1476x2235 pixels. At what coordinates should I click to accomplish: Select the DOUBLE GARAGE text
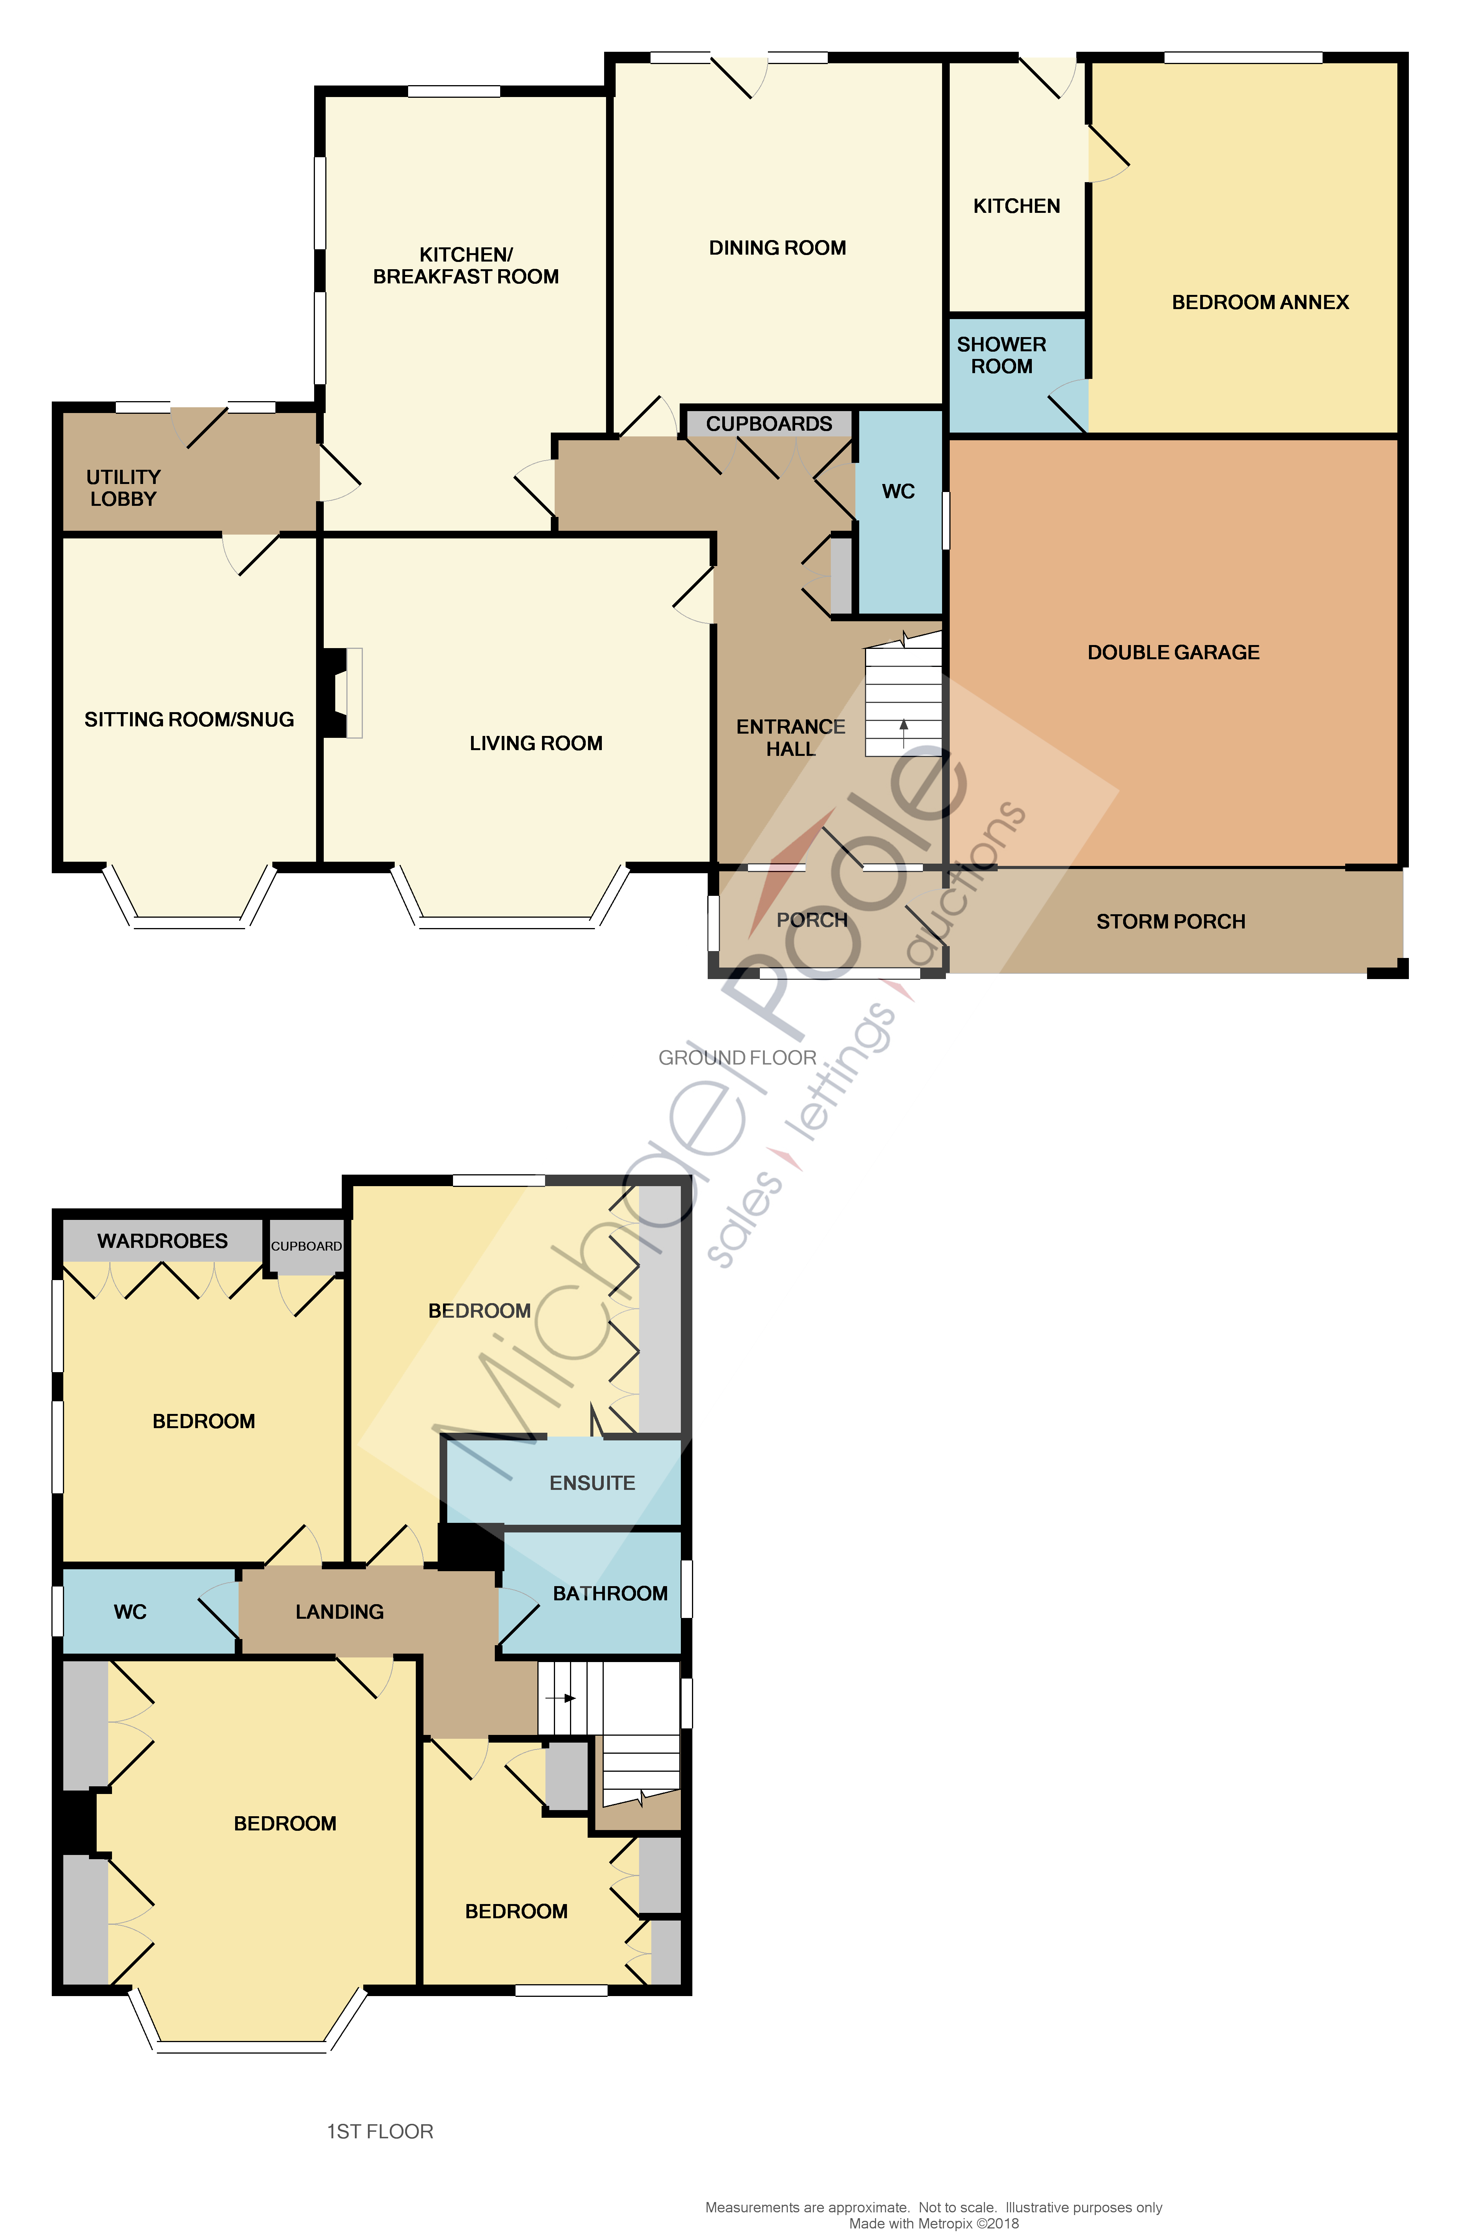pos(1173,652)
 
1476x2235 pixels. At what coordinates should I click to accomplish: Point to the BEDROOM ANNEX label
pos(1260,302)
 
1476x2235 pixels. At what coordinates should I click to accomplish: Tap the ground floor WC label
pos(898,491)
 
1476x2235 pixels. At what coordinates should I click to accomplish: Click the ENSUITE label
pos(592,1483)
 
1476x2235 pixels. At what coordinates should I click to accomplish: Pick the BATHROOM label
pos(610,1593)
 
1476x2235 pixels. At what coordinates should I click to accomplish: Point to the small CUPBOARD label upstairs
pos(306,1246)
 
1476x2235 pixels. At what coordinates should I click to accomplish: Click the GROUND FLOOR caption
pos(737,1058)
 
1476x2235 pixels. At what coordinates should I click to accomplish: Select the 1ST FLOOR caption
pos(379,2131)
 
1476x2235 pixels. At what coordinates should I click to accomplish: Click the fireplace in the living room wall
pos(341,693)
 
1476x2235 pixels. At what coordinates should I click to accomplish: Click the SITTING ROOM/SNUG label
pos(189,720)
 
